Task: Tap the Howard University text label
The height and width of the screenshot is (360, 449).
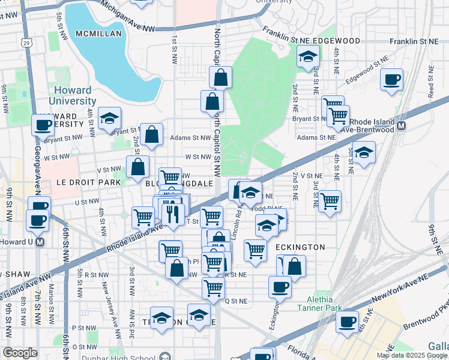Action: pyautogui.click(x=71, y=96)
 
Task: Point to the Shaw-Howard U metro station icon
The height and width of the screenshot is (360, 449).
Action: pyautogui.click(x=40, y=242)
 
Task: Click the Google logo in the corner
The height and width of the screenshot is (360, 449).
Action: pyautogui.click(x=20, y=353)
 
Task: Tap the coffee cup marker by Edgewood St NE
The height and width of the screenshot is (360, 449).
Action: pyautogui.click(x=391, y=79)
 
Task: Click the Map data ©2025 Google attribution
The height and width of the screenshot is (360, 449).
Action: pyautogui.click(x=411, y=355)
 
